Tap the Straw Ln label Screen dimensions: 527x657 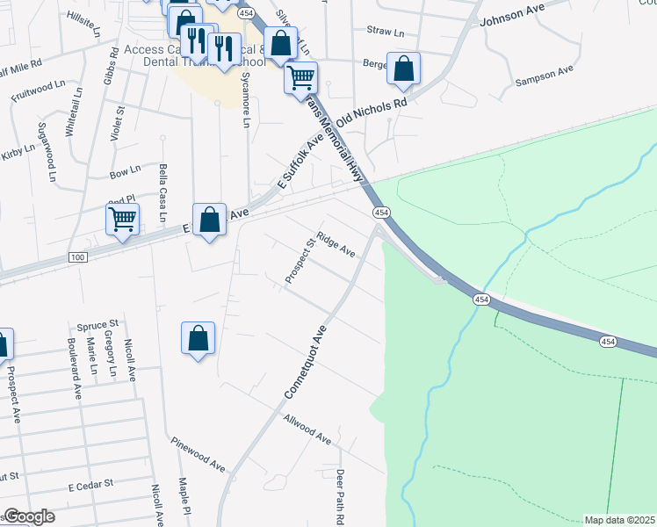[385, 32]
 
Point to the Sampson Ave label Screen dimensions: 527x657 [545, 75]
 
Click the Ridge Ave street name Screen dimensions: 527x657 [336, 244]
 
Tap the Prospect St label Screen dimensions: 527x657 [300, 261]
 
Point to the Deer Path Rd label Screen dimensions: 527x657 [339, 497]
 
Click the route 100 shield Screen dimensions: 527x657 [78, 256]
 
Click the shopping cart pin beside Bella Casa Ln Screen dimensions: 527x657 [123, 219]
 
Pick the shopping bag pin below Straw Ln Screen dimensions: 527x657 [403, 69]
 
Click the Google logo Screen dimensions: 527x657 [28, 516]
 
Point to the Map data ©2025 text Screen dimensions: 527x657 [619, 520]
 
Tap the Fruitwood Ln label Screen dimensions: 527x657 [38, 90]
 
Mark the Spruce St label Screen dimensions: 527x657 [97, 325]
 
